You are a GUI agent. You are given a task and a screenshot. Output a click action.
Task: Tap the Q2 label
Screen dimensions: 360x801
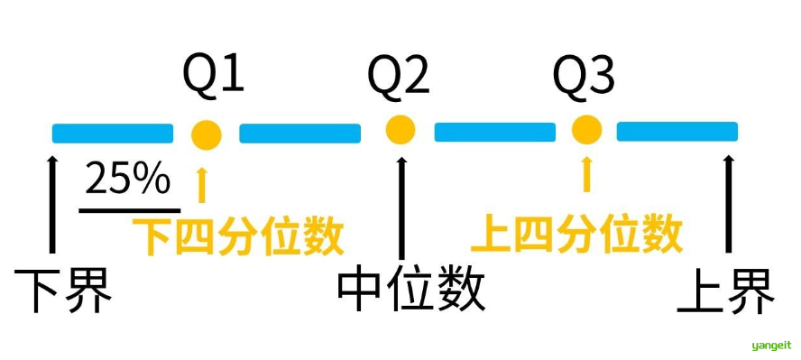[x=399, y=78]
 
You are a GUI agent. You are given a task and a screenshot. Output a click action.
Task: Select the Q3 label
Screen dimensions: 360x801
[x=584, y=78]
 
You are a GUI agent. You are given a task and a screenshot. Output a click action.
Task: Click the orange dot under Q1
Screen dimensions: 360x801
[x=207, y=134]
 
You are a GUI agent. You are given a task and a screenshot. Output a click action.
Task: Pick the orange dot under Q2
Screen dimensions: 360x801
[x=400, y=130]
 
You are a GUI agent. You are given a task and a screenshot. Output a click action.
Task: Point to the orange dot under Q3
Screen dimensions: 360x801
[x=586, y=130]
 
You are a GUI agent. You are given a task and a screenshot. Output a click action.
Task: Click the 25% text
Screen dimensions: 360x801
[x=127, y=180]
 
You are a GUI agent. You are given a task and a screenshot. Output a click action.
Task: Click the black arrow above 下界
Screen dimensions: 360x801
[x=52, y=203]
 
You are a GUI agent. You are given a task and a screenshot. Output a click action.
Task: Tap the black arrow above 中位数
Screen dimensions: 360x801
[x=401, y=203]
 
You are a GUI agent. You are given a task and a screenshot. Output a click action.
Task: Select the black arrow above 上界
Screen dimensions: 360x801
[x=727, y=203]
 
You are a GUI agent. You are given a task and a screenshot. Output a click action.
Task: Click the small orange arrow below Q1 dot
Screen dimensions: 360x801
[x=201, y=182]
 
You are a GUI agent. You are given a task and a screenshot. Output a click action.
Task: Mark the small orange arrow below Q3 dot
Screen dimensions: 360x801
[x=587, y=172]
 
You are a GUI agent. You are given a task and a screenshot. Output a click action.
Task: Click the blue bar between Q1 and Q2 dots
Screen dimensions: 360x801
[x=299, y=134]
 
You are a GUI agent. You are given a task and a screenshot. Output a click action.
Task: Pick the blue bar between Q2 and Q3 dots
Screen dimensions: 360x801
[x=495, y=133]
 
